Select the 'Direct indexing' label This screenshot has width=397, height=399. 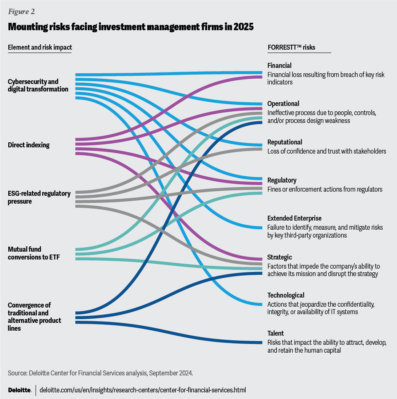pos(29,145)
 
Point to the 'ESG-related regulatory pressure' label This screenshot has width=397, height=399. pos(39,197)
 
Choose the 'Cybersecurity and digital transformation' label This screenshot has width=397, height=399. pos(38,85)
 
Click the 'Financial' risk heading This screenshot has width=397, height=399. pos(280,65)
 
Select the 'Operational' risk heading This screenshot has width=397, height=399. pos(283,103)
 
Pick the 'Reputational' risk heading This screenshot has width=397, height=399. pos(285,142)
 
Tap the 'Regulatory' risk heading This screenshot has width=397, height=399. pos(282,180)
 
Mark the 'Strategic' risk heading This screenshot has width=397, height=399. pos(280,257)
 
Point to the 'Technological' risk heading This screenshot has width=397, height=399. pos(286,295)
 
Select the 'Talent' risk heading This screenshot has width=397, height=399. pos(276,333)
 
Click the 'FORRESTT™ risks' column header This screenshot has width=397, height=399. pos(292,47)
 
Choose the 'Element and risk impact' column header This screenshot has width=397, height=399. pos(40,47)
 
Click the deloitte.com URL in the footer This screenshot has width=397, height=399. pos(143,390)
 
